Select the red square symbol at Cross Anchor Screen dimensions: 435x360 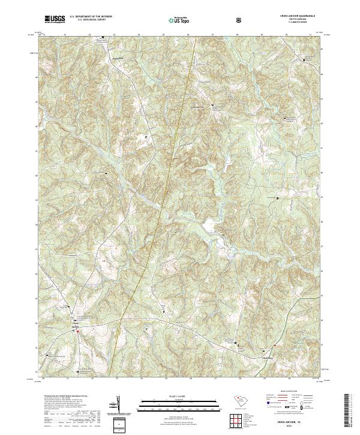click(x=77, y=331)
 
